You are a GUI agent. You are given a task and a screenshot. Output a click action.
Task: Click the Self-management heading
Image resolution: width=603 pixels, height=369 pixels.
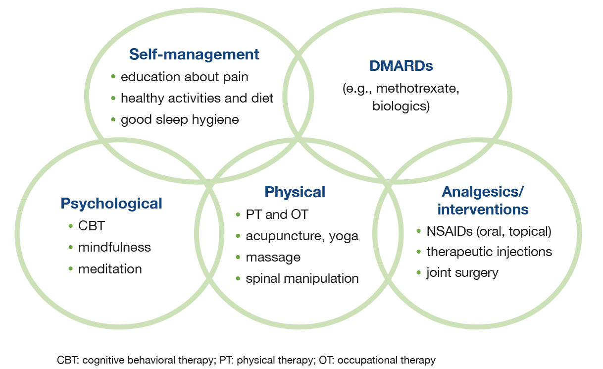point(194,54)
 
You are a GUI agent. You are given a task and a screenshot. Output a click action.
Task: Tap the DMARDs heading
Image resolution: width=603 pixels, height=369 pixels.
point(401,66)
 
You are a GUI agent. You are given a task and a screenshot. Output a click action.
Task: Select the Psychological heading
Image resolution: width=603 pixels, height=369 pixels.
point(111,203)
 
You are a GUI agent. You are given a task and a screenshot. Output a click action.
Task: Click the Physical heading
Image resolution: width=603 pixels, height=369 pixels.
point(295,192)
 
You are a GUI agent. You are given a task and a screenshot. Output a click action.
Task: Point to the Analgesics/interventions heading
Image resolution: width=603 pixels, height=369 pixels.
point(483,200)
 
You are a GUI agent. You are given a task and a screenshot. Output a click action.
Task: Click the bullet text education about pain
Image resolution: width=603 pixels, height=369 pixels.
point(184,77)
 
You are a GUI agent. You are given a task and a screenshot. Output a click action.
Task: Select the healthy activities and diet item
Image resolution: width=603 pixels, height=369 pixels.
point(197,98)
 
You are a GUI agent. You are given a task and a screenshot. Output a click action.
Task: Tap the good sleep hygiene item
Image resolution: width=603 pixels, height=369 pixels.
point(179,119)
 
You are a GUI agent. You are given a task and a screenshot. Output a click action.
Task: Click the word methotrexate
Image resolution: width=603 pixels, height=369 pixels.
point(423,89)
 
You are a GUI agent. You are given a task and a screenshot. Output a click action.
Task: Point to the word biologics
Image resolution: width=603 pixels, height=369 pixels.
point(401,106)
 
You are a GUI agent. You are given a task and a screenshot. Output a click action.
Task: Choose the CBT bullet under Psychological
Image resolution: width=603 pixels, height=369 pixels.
point(92,226)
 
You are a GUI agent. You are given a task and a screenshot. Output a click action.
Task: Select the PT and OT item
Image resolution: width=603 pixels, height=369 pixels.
point(277,214)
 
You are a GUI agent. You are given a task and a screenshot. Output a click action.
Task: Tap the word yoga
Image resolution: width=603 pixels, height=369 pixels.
point(343,236)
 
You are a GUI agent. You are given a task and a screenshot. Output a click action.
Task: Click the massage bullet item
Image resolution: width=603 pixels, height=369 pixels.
point(273,258)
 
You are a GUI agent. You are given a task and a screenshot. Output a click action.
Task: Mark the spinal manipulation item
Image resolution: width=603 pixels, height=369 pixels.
point(302,278)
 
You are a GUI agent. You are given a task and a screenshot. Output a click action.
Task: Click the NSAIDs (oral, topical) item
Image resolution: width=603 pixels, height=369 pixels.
point(489,231)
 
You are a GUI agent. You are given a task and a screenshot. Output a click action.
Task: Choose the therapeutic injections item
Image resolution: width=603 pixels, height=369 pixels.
point(489,252)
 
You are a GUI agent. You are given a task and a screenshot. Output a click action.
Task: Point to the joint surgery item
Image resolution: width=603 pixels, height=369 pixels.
point(462,272)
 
